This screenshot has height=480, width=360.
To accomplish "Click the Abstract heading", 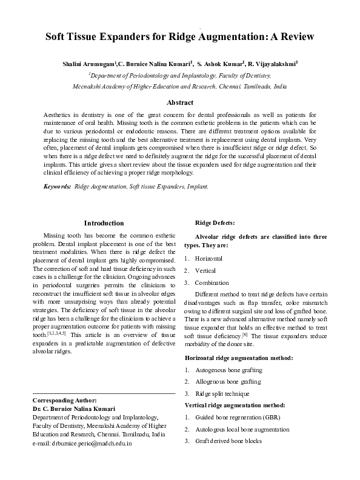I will pos(179,103).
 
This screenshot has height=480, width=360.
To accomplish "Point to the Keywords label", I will pos(57,187).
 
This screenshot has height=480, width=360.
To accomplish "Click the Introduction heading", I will pos(104,224).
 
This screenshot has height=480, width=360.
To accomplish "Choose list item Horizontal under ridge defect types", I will pos(209,259).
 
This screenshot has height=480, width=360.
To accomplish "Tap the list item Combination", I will pos(212,282).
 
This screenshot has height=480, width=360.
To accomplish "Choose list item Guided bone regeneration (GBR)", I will pos(229,418).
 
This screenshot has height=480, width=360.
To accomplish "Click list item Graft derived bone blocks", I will pos(228,441).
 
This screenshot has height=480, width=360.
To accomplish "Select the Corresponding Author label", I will pos(64,401).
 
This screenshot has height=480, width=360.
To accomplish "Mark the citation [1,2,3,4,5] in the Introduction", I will pos(57,333).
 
